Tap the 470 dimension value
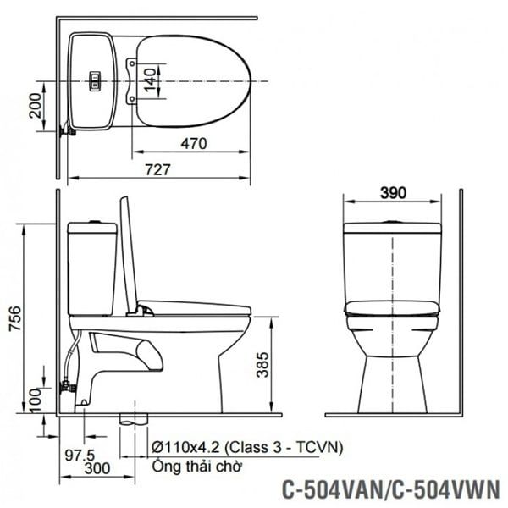tap(193, 143)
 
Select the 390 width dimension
tap(392, 191)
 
